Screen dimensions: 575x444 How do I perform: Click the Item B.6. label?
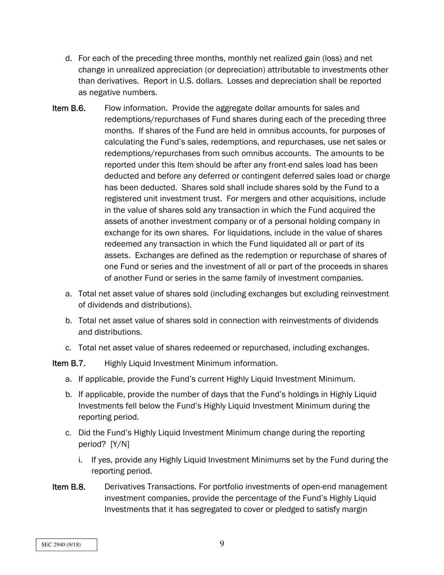(x=69, y=108)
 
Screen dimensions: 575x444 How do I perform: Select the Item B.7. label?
(x=69, y=364)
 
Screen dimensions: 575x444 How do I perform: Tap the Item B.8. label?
(x=69, y=487)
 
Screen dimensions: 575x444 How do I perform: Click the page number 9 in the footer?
(x=222, y=544)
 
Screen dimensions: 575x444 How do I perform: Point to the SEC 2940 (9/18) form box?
(x=66, y=545)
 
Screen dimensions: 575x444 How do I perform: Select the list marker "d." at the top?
(x=69, y=58)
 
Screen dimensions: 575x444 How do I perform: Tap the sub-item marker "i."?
(x=81, y=460)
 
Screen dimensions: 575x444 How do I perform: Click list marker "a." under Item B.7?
(x=69, y=379)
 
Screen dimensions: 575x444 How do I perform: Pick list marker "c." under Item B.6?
(x=69, y=348)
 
